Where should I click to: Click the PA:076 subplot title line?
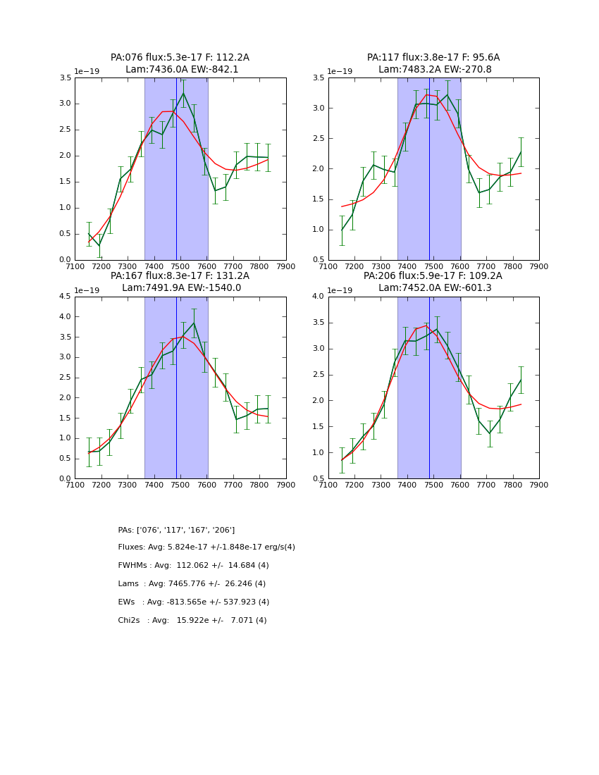180,58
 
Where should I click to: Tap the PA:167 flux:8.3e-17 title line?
180,276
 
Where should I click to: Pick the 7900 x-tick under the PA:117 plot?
538,266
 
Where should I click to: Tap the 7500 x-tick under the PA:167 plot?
180,485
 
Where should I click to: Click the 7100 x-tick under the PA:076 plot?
75,266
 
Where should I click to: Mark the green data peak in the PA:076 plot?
183,93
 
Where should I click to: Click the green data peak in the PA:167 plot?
194,323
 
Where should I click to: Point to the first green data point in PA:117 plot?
342,230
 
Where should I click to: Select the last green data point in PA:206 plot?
521,380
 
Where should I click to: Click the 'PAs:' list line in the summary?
176,530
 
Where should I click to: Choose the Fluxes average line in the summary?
206,547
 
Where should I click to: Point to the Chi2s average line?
192,621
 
